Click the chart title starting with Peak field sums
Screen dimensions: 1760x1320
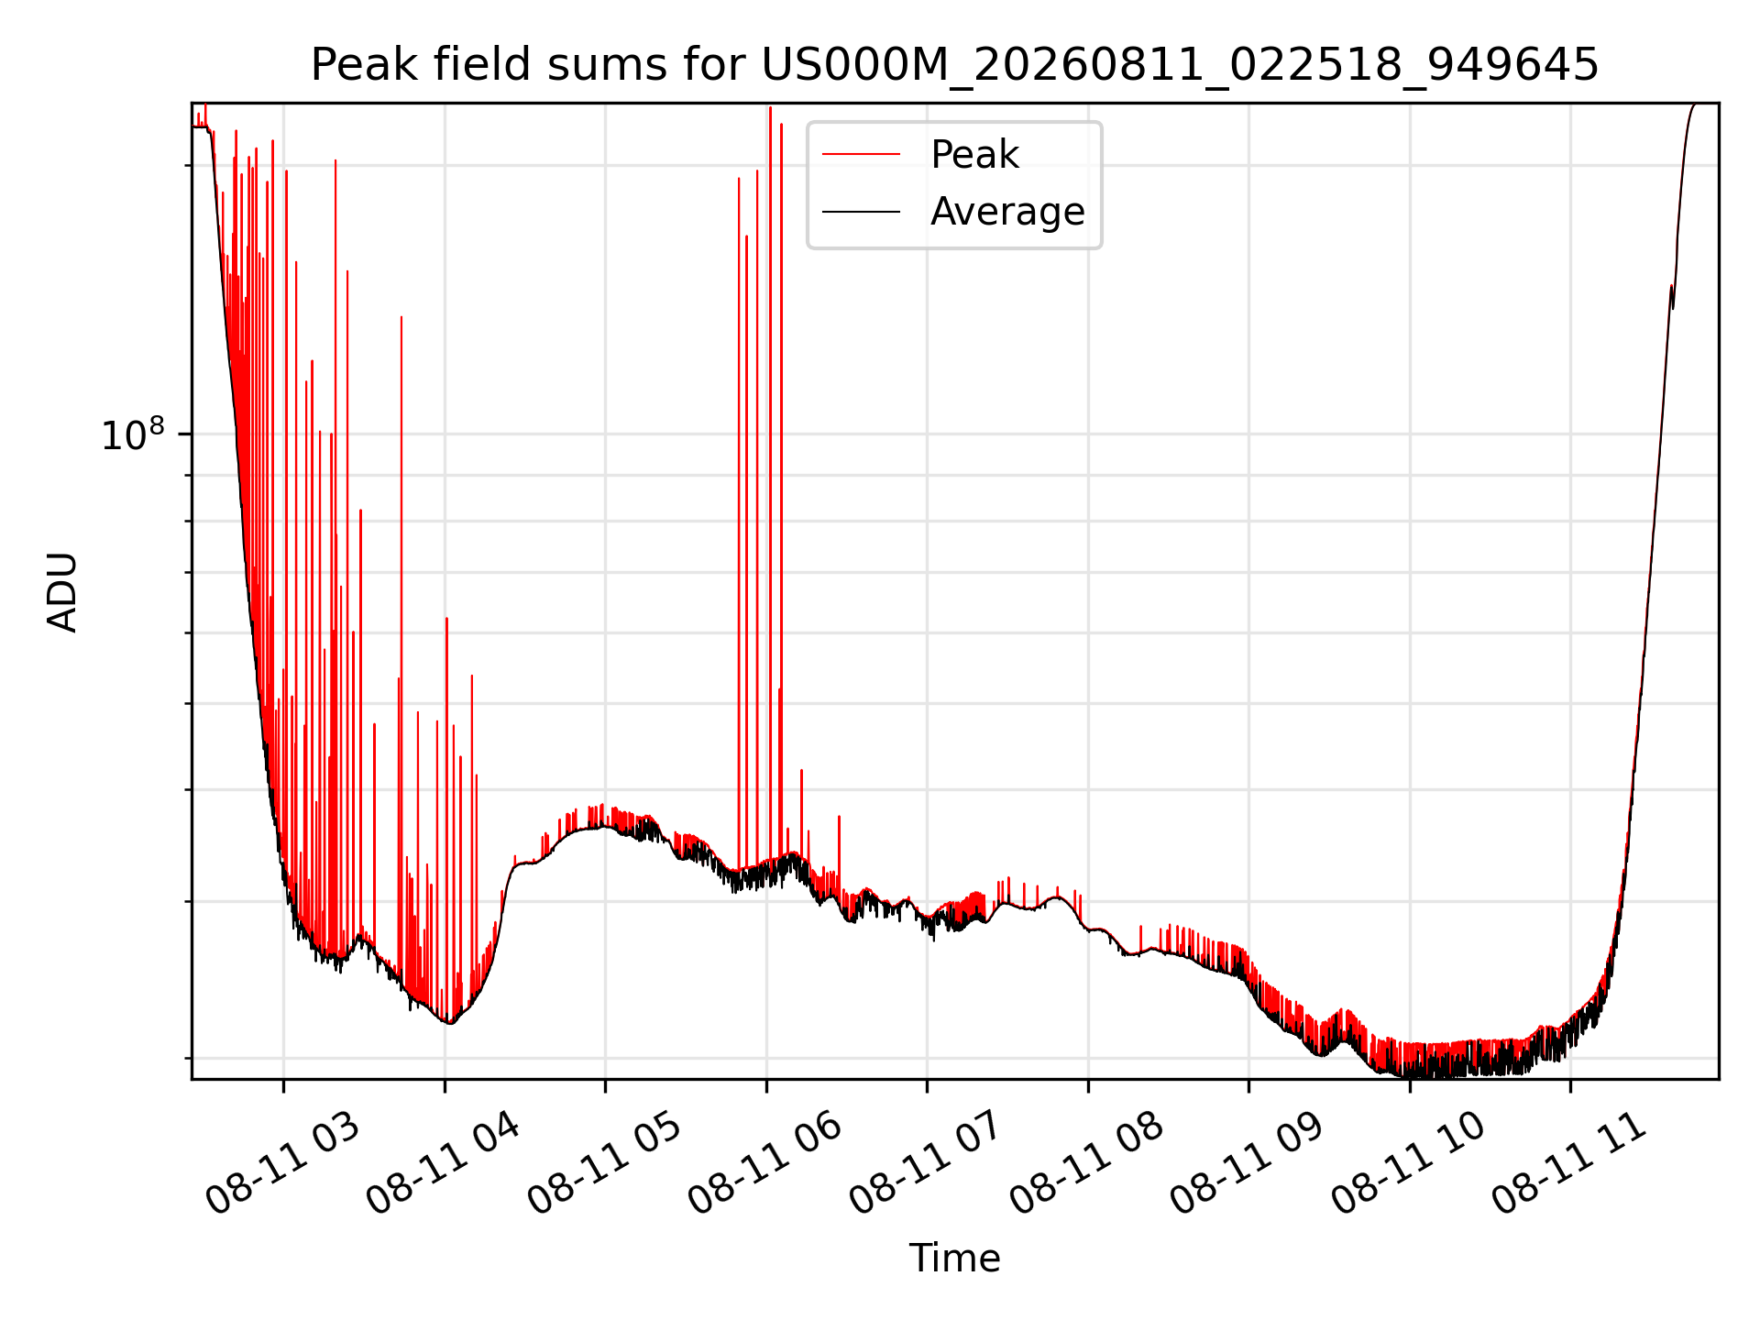click(x=954, y=65)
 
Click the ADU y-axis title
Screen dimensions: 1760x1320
click(x=62, y=591)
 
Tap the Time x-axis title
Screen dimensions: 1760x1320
click(x=954, y=1258)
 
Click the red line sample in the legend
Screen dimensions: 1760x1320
click(x=861, y=155)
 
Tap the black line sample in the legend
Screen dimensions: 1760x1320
click(x=861, y=213)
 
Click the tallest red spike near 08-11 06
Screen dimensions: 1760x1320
click(x=770, y=458)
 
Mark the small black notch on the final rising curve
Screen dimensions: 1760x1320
click(x=1673, y=297)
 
